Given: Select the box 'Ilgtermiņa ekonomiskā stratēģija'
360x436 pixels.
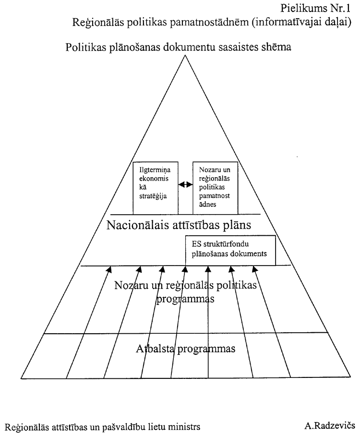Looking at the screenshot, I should tap(152, 188).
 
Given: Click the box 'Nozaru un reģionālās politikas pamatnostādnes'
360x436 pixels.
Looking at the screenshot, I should tap(215, 188).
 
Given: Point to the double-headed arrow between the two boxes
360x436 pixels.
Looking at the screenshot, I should tap(185, 184).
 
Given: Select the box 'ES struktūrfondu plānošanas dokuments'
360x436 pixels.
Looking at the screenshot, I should tap(230, 250).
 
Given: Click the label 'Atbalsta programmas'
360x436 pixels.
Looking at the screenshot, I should tap(184, 348).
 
